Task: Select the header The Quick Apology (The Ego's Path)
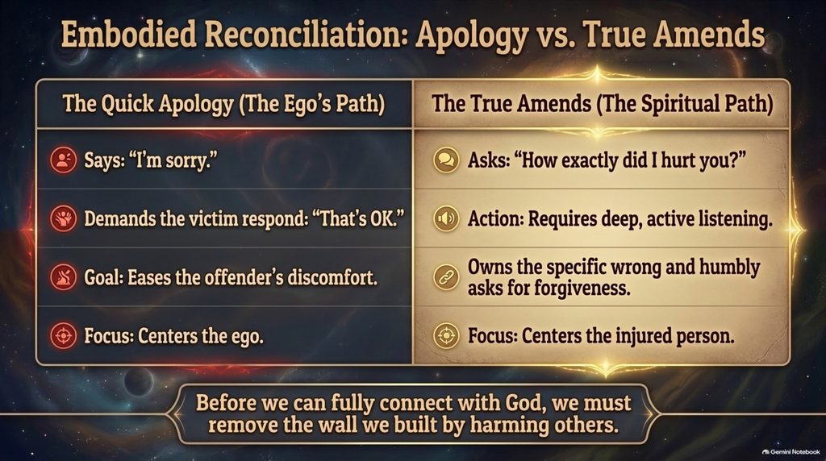[x=224, y=104]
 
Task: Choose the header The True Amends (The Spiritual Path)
[x=602, y=104]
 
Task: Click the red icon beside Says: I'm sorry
[x=63, y=160]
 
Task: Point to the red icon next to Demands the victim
[x=63, y=218]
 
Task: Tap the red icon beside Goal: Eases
[x=63, y=276]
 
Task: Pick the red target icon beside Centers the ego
[x=63, y=335]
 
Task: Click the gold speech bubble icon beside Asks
[x=446, y=160]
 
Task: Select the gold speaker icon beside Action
[x=446, y=218]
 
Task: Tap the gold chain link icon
[x=446, y=276]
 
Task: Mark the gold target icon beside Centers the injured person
[x=446, y=335]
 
